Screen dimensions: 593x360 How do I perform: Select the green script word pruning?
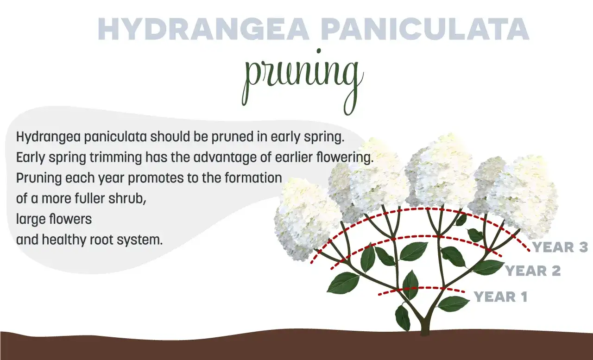(303, 79)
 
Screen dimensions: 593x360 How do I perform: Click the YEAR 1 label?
(501, 297)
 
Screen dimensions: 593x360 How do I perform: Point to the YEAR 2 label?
(533, 271)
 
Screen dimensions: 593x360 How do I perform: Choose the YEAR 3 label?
(560, 247)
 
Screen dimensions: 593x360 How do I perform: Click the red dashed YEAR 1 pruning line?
(422, 289)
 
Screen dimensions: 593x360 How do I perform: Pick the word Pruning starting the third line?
(38, 178)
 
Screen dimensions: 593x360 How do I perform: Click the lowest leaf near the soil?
(403, 318)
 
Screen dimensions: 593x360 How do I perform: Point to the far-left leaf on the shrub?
(343, 283)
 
